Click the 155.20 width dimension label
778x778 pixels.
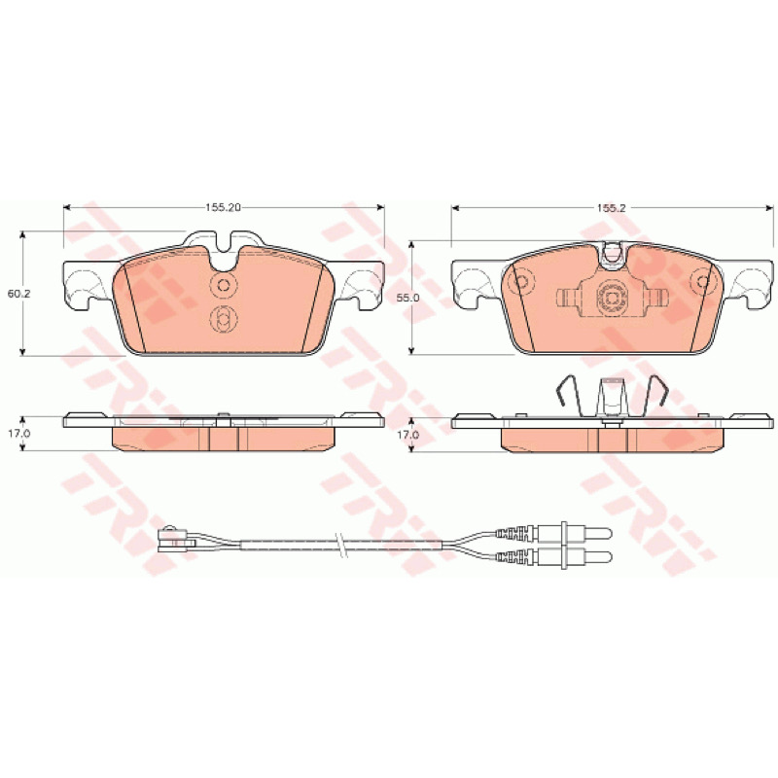(x=223, y=207)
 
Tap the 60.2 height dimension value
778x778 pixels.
(x=19, y=294)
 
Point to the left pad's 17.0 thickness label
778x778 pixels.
(x=19, y=433)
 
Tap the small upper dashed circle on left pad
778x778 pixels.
(x=224, y=285)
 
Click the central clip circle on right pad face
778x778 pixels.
(x=611, y=298)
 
